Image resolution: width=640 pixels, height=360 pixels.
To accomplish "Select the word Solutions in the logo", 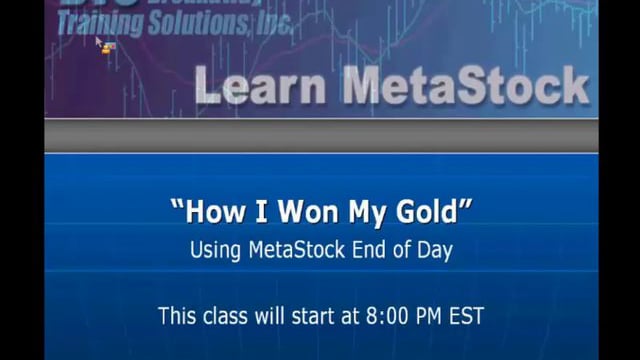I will coord(200,21).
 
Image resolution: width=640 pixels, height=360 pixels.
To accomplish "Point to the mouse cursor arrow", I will coord(100,43).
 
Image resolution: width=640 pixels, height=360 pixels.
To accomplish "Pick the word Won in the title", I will coord(297,213).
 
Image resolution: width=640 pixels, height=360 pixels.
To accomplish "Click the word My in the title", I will coord(363,213).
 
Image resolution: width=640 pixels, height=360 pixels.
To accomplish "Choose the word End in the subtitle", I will coord(369,250).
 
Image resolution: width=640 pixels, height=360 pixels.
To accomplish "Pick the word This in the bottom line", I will coord(176,316).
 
